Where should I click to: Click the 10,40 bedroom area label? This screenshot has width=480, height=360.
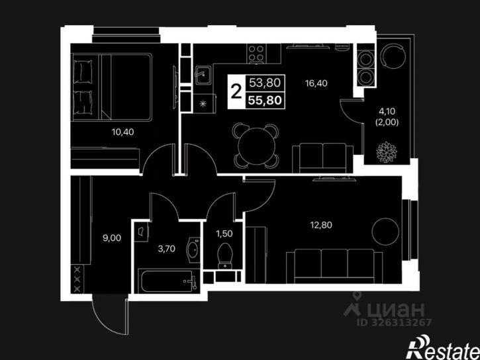tap(122, 132)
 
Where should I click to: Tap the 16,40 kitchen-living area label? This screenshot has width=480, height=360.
tap(316, 83)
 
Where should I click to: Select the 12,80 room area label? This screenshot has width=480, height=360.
tap(321, 225)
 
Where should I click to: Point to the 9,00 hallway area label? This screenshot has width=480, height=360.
tap(112, 238)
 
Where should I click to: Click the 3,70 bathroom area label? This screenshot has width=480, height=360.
tap(167, 249)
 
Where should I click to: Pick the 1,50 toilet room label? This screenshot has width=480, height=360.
tap(224, 234)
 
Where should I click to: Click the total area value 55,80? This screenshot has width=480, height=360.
tap(265, 101)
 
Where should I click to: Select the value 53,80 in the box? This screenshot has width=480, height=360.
tap(265, 83)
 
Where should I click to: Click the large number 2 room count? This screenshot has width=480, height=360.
tap(236, 91)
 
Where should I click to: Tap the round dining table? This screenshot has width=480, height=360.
tap(256, 146)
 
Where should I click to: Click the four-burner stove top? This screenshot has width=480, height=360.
tap(256, 54)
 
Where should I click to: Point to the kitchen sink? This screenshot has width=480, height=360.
tap(203, 75)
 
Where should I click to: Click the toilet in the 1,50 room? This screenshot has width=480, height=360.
tap(225, 255)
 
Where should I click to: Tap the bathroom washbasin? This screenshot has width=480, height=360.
tap(193, 250)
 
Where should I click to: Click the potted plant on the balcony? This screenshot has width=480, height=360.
tap(387, 152)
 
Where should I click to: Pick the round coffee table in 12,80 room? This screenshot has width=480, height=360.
tap(385, 232)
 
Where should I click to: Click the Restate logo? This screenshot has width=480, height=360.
tap(442, 347)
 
